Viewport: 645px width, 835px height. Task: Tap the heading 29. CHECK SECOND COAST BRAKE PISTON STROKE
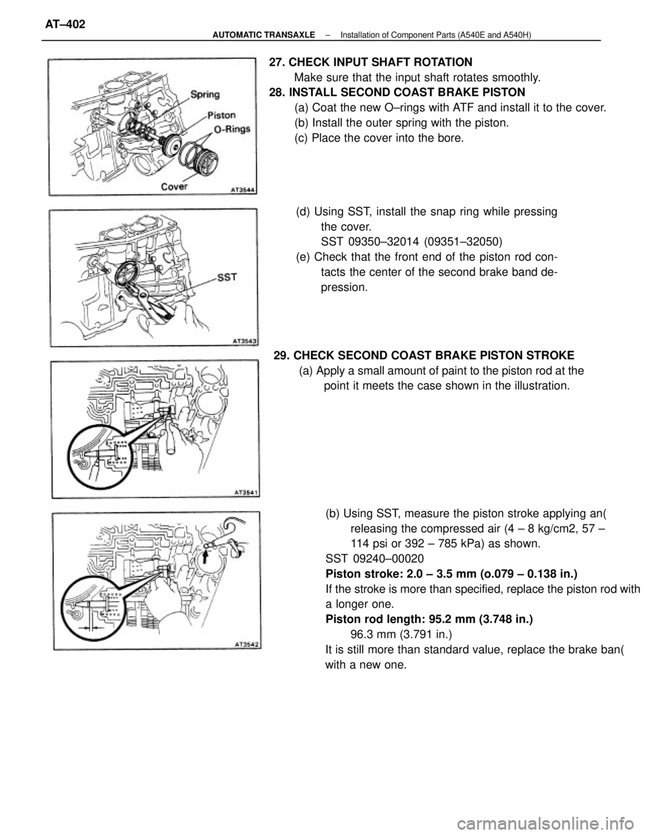pyautogui.click(x=423, y=355)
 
